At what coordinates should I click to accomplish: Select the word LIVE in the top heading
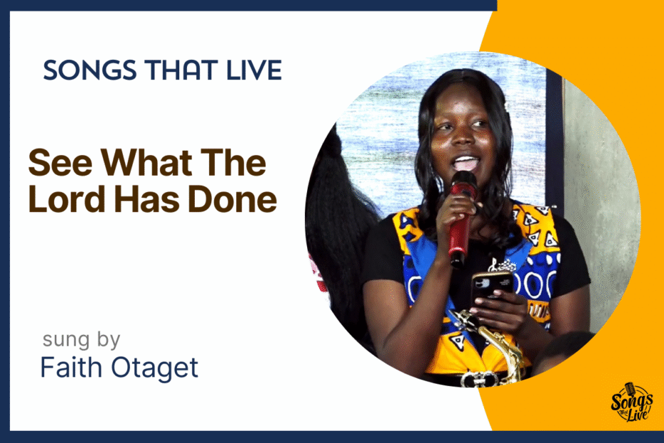254,70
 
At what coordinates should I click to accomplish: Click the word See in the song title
60,163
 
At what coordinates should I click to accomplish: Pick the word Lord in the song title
67,199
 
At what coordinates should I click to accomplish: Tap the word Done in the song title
232,199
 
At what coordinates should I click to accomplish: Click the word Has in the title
147,199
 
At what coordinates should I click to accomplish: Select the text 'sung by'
81,340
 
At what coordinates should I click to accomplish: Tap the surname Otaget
154,368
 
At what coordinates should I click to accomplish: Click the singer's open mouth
466,163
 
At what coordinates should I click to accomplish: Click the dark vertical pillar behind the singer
554,140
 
